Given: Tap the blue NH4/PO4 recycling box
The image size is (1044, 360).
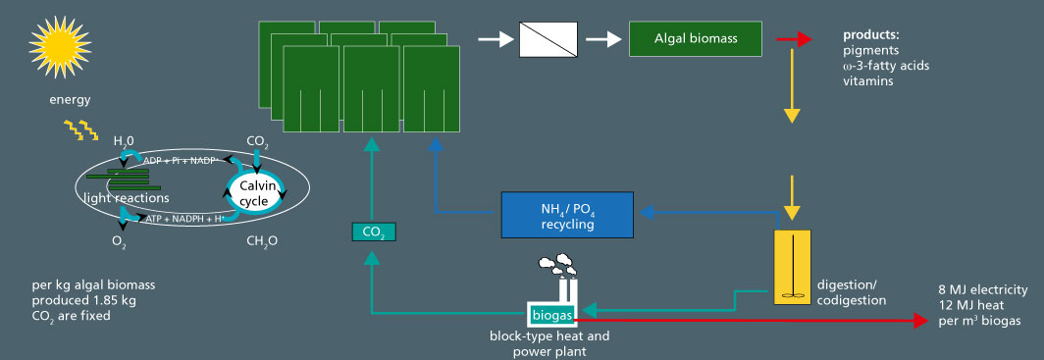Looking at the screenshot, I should (x=567, y=214).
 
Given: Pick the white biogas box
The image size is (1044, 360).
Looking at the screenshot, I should (x=553, y=314).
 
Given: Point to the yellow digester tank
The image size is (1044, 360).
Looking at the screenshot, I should (x=795, y=267).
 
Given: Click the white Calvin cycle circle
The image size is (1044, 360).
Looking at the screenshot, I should (x=258, y=186).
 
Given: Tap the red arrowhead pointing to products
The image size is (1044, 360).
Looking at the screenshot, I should (x=805, y=39).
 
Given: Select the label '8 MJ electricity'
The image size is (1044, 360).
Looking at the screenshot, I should (x=982, y=289).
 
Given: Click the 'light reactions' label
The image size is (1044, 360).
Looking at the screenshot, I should (x=119, y=198).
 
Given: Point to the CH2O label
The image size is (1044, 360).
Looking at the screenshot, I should (x=259, y=239).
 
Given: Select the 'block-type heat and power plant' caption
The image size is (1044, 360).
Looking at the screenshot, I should (x=549, y=342).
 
